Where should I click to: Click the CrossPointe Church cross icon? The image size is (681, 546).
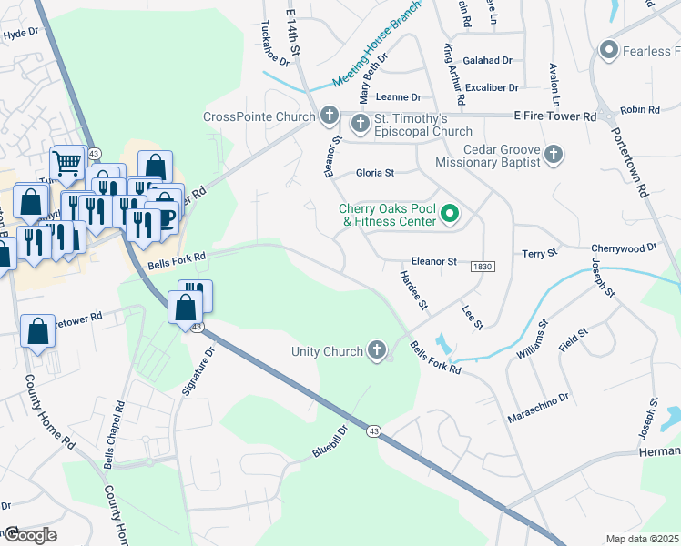[x=329, y=116]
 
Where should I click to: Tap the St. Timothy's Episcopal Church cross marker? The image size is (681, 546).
[x=360, y=123]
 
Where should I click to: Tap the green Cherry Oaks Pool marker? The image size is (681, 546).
[x=449, y=216]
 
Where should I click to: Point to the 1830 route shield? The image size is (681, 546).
[x=483, y=266]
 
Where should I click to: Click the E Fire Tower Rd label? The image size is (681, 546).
[x=554, y=116]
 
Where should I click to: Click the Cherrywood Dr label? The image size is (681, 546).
[x=624, y=248]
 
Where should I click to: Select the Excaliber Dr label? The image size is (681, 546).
[x=491, y=87]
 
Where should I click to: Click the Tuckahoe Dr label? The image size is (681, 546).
[x=274, y=44]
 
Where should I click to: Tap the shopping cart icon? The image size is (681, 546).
[x=66, y=162]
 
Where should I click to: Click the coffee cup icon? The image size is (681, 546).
[x=167, y=217]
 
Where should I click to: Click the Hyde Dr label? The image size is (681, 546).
[x=20, y=35]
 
